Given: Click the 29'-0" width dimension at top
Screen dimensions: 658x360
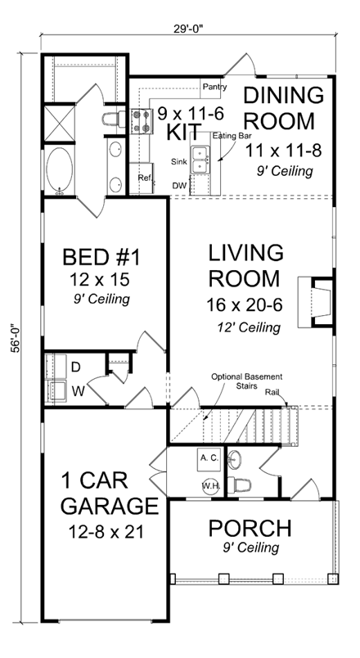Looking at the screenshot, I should pos(187,25).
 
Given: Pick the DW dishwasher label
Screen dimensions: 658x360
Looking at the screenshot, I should pos(179,185).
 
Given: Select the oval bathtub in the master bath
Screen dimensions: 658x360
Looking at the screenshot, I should pos(61,171).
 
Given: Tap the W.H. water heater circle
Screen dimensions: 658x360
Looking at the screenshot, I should pos(208,486).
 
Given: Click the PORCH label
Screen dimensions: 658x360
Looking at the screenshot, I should pos(250,526).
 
